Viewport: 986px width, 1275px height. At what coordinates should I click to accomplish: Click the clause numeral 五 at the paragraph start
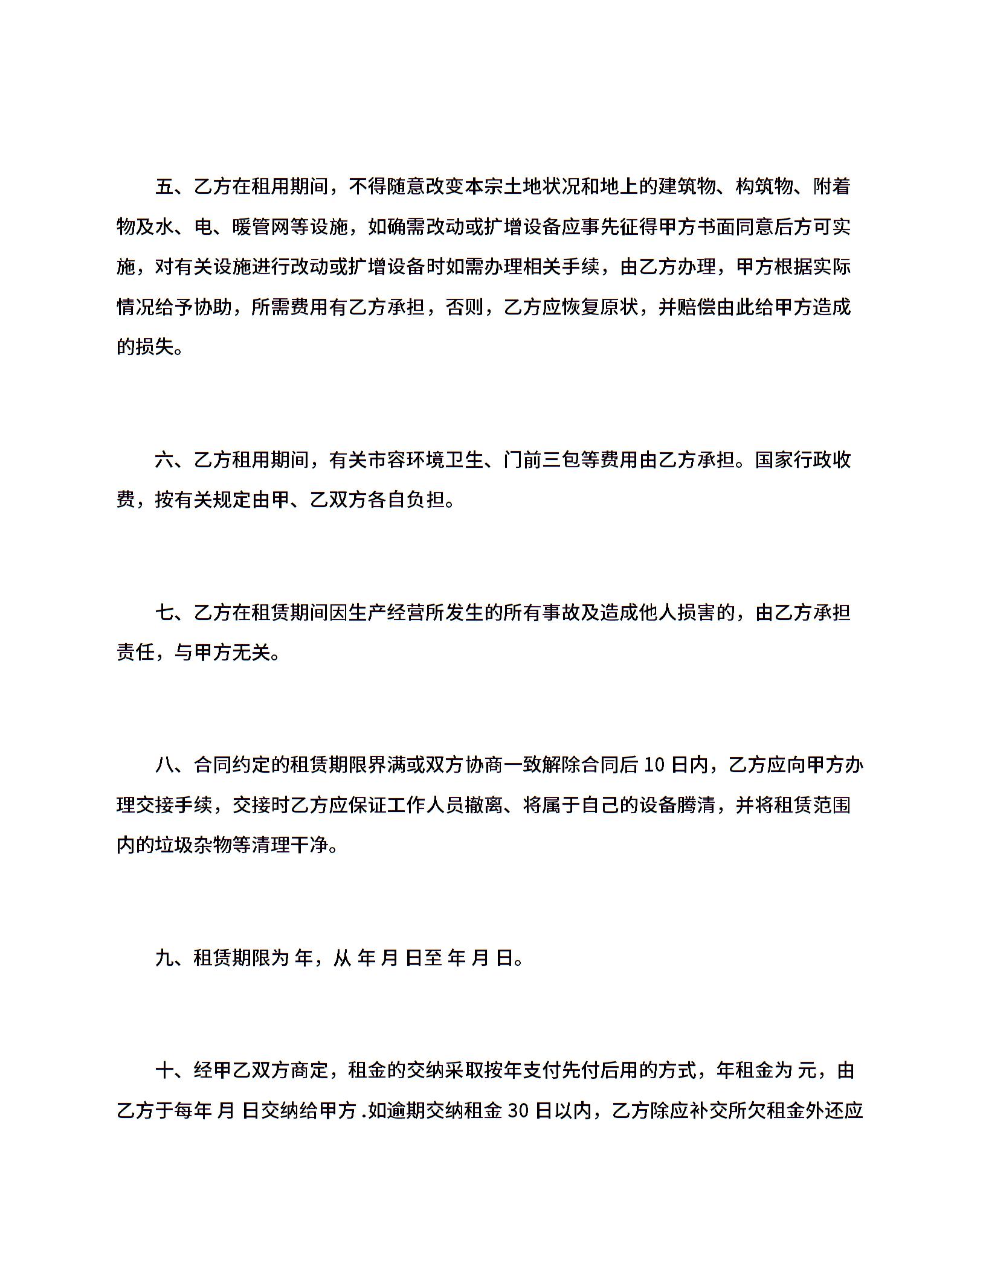coord(164,187)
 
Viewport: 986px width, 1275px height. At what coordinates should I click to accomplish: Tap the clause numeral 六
coord(164,460)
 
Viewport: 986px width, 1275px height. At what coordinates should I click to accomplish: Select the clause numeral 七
coord(164,613)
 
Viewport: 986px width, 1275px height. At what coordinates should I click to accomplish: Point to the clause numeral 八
coord(164,766)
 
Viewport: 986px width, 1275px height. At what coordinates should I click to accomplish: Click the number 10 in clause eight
coord(654,766)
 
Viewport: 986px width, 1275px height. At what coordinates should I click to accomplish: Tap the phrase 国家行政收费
coord(803,460)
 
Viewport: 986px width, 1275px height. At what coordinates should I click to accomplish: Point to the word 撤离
coord(483,805)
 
